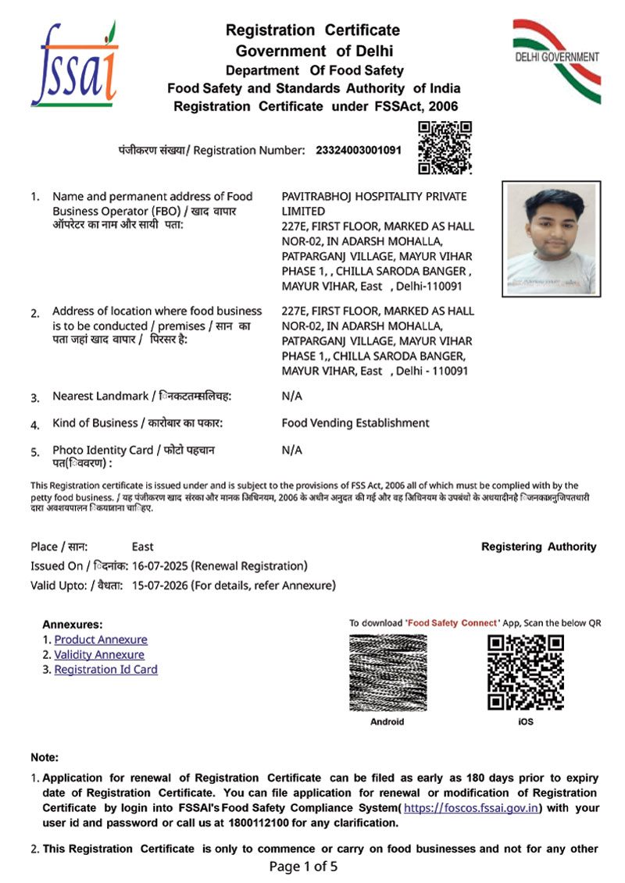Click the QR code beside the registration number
[445, 148]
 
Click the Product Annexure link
[100, 639]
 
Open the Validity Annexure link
[99, 654]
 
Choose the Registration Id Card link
[105, 669]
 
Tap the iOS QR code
[525, 672]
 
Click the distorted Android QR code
[387, 672]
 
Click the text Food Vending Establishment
[355, 423]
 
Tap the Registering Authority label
[538, 547]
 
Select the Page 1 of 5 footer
[303, 867]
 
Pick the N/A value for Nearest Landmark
[291, 396]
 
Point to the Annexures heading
[72, 625]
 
